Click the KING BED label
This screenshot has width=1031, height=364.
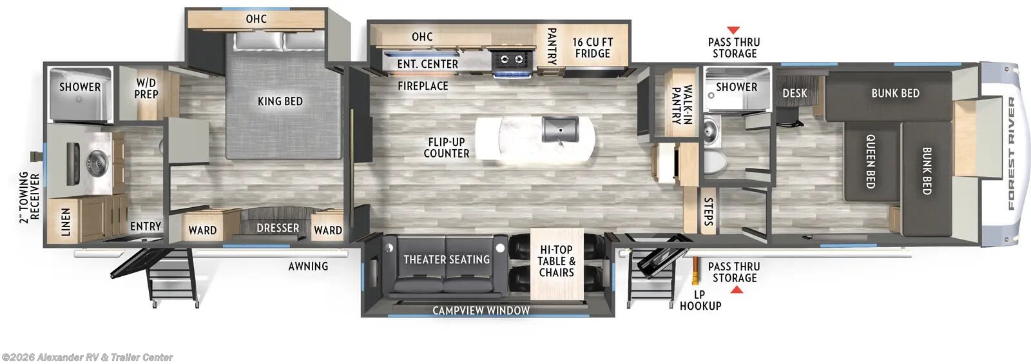280,101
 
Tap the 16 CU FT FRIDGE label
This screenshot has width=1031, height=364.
592,48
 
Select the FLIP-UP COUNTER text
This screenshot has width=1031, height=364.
446,148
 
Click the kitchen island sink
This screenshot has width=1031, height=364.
560,129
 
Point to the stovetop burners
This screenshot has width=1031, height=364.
512,60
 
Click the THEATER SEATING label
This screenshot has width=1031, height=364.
446,259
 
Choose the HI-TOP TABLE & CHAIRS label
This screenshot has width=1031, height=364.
556,261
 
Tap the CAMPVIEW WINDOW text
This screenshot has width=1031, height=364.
481,310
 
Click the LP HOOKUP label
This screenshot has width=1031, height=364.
700,300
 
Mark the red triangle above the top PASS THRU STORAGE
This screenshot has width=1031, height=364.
733,30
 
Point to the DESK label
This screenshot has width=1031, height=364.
795,93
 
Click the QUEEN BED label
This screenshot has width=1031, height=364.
870,161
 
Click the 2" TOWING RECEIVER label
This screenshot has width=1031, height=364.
29,197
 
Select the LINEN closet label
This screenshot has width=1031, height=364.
66,221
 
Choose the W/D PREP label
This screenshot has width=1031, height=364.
146,88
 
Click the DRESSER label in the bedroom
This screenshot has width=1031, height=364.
278,228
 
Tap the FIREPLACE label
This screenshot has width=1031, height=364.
423,86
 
